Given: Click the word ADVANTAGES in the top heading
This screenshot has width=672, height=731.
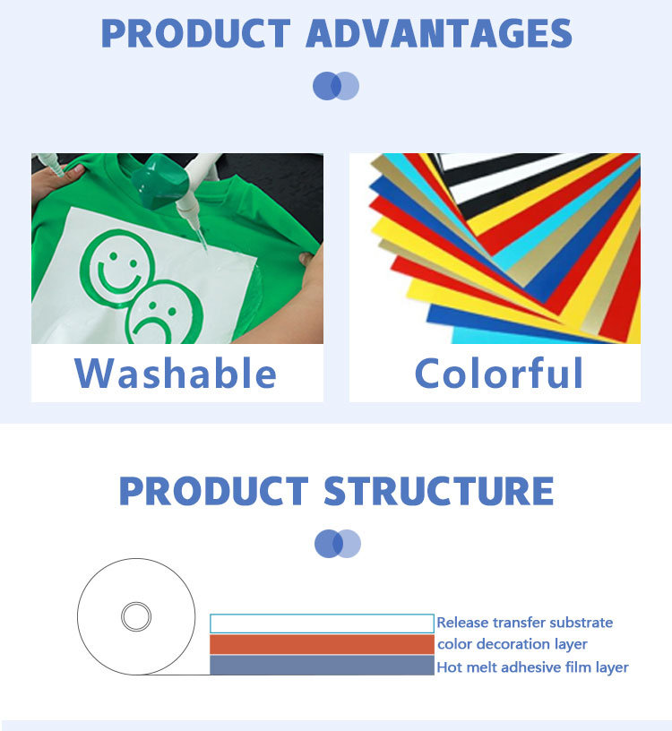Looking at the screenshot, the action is [439, 33].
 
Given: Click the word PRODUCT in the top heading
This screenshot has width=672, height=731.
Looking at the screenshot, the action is [196, 33].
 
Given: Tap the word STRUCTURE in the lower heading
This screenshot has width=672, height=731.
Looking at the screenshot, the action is [438, 491].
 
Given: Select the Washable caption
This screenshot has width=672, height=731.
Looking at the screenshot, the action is [176, 373].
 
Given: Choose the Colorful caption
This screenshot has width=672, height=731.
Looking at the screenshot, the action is [498, 373].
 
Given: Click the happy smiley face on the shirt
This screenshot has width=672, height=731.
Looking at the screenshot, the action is [116, 267].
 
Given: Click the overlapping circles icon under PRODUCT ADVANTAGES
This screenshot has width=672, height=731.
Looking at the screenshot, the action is [336, 86].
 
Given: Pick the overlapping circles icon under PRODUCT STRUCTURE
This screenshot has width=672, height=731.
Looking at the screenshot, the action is [338, 544].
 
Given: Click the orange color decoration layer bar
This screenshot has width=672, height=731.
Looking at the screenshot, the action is [322, 644].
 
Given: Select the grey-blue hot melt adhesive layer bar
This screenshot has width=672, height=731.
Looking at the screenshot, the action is [322, 666].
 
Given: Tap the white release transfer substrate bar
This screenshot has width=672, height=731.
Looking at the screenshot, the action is [322, 623].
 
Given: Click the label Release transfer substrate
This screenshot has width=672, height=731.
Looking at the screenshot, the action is [525, 623].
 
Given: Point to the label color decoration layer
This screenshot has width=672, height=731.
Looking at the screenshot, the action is [512, 644].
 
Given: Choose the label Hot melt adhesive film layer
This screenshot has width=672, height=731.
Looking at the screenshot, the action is [532, 667].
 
